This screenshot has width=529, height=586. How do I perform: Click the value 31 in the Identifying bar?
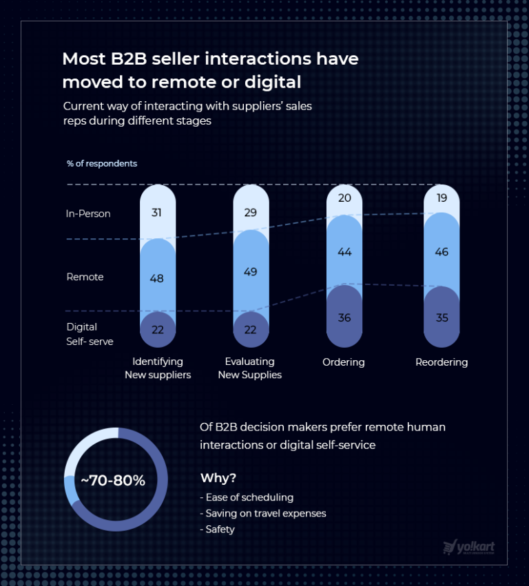[x=157, y=213]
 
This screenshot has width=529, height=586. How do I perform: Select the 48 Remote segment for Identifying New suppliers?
[x=157, y=279]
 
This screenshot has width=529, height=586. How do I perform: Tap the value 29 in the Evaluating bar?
[x=251, y=213]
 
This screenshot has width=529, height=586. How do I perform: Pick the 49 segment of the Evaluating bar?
[x=251, y=272]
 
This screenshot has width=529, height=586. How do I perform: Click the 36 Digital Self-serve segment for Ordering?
[x=344, y=317]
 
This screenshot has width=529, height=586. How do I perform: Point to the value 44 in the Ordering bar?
[x=344, y=252]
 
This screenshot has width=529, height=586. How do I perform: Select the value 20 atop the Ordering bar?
[x=344, y=199]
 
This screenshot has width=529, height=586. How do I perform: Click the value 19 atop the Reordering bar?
[x=442, y=198]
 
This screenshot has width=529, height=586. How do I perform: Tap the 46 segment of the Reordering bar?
[x=442, y=252]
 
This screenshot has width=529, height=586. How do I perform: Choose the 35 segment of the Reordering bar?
[x=442, y=317]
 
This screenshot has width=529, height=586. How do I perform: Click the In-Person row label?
[x=88, y=213]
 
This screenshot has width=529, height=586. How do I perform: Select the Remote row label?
[x=85, y=277]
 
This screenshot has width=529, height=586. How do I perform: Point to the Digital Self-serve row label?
[x=90, y=334]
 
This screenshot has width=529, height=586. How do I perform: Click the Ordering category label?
[x=344, y=362]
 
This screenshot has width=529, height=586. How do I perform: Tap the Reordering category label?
[x=442, y=362]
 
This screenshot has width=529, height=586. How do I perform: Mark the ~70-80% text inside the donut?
[x=113, y=481]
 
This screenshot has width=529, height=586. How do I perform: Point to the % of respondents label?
[x=102, y=164]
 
